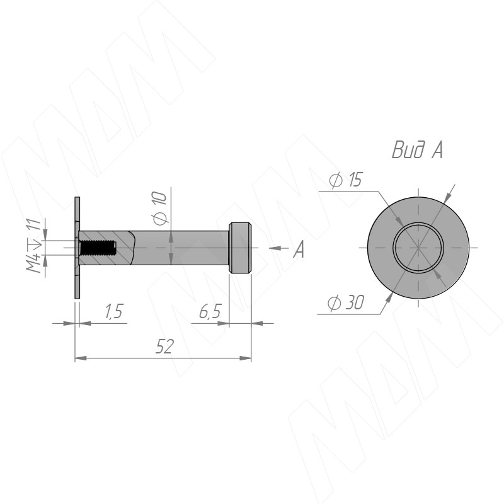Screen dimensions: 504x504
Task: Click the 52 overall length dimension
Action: pos(164,346)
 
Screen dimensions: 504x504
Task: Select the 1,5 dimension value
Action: pos(114,311)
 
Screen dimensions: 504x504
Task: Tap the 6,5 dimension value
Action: pos(210,311)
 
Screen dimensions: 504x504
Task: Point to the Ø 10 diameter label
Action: pos(159,208)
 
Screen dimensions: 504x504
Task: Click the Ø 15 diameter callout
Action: pos(345,180)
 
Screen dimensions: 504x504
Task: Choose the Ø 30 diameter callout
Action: pos(345,303)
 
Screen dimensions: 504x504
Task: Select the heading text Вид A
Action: pos(417,150)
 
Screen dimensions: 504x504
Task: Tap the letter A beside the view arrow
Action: pos(299,249)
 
